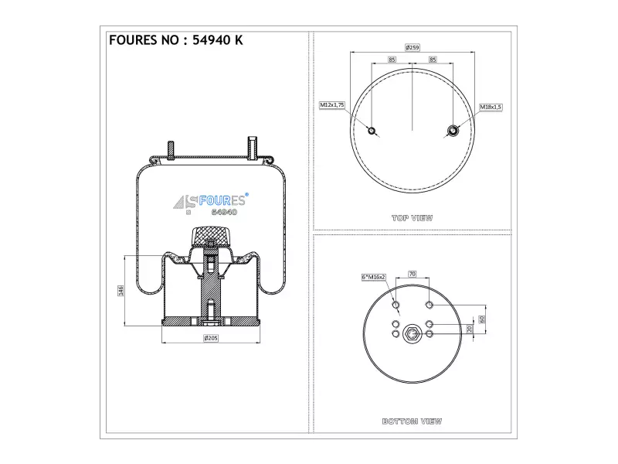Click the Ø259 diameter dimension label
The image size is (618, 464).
click(413, 47)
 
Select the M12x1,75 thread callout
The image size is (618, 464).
click(332, 105)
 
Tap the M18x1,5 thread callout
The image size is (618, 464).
click(491, 107)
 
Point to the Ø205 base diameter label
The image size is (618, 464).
click(211, 338)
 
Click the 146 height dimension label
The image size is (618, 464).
click(121, 291)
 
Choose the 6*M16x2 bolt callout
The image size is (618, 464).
click(373, 277)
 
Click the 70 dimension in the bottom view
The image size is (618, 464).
click(413, 274)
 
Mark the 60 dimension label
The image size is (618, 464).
click(481, 319)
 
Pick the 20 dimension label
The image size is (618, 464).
click(470, 329)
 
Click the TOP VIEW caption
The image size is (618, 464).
click(413, 218)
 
